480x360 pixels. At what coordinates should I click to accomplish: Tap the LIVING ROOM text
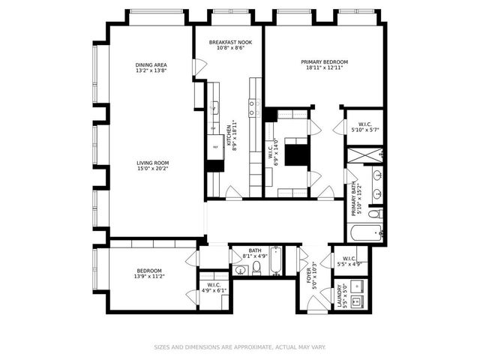point(152,163)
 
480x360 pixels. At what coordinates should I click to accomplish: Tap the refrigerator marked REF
point(215,148)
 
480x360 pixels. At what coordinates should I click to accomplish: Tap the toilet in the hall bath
point(256,268)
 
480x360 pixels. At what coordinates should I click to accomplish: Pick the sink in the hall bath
point(240,270)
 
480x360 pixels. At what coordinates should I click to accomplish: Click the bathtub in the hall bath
point(274,262)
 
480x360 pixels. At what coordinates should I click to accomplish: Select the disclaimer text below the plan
point(240,347)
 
